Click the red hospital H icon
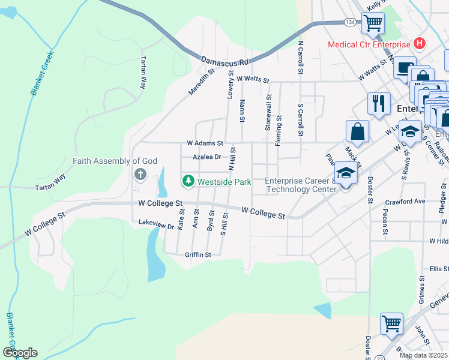click(x=420, y=44)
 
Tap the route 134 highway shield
click(x=350, y=22)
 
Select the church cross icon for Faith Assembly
click(x=140, y=175)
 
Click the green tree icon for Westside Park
click(x=188, y=181)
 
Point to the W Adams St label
click(x=205, y=144)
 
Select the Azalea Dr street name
click(x=206, y=157)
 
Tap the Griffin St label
click(x=198, y=255)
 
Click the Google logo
click(x=19, y=353)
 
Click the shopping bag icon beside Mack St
click(x=357, y=131)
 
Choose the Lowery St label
click(x=230, y=85)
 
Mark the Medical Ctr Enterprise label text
click(x=368, y=44)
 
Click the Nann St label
click(x=242, y=112)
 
